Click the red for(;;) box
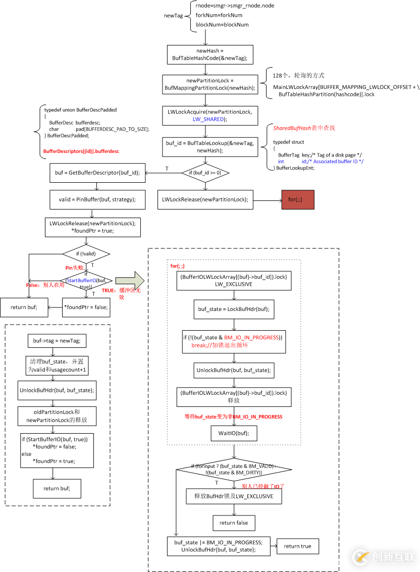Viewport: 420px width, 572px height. pos(298,199)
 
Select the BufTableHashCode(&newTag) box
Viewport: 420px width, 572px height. pos(209,55)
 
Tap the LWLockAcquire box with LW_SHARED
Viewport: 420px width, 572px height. pos(209,115)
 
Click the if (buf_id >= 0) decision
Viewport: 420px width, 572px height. pos(205,173)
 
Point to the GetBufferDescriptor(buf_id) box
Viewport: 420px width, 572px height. pos(97,173)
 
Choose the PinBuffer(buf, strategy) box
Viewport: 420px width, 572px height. pos(97,199)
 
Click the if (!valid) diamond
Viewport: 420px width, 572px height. pos(85,253)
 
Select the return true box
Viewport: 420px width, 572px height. pos(297,546)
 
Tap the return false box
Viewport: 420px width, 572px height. pos(234,523)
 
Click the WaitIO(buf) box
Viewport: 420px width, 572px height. pos(234,433)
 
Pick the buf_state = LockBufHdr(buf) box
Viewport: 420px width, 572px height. pos(234,309)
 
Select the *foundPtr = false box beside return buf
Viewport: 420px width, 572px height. pos(85,306)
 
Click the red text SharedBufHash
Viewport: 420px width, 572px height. pos(289,128)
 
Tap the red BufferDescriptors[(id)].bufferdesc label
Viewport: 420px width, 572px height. pos(81,150)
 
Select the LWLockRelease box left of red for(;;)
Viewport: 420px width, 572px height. pos(205,199)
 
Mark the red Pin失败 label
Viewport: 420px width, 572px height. pos(74,268)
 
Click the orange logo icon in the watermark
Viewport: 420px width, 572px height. pos(360,556)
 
